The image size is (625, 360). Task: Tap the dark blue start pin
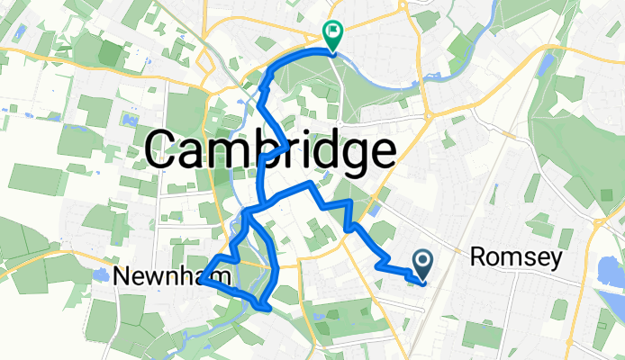[x=422, y=262]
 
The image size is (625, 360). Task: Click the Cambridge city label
[x=269, y=148]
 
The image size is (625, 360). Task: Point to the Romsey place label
[x=517, y=259]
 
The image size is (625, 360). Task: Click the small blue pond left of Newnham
[x=97, y=274]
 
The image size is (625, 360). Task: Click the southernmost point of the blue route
[x=266, y=308]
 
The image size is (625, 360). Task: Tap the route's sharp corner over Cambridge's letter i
[x=286, y=144]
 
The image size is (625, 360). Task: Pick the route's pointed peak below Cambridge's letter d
[x=311, y=183]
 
